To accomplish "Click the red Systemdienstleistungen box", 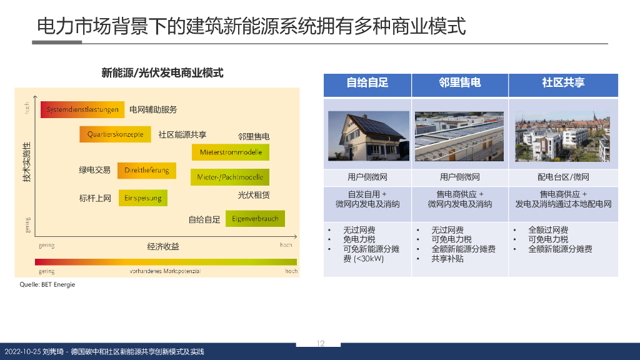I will click(82, 109).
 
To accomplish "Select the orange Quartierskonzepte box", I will click(116, 134).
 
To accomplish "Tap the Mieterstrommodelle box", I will click(231, 152).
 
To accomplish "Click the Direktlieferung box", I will click(147, 171).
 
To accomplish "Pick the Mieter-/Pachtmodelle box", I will click(230, 177).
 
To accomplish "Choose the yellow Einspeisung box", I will click(143, 197).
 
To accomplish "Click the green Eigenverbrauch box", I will click(255, 219).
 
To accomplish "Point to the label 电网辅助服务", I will click(153, 109).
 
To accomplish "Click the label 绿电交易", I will click(94, 170).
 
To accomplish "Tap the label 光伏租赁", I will click(254, 195).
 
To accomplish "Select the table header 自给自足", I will click(367, 82).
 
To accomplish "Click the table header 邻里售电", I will click(459, 82).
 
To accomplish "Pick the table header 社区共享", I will click(563, 82).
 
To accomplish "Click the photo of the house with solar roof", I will click(368, 136).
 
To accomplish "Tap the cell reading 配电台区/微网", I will click(563, 177).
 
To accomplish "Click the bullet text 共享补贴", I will click(447, 258).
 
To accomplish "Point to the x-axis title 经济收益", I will click(163, 246).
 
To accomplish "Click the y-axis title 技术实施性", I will click(26, 162).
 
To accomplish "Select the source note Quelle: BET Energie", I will click(47, 284).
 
